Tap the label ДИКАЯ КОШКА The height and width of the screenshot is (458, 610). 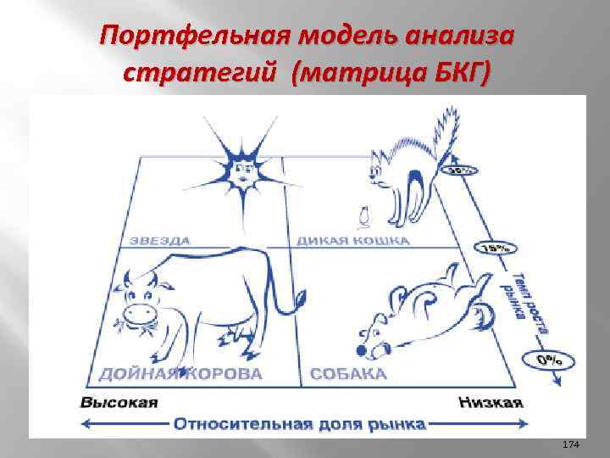[x=352, y=241]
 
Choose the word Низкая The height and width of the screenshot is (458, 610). [x=491, y=402]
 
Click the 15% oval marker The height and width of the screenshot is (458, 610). [x=496, y=249]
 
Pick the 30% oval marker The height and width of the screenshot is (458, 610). [x=461, y=170]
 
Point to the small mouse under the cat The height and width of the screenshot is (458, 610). [x=363, y=217]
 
